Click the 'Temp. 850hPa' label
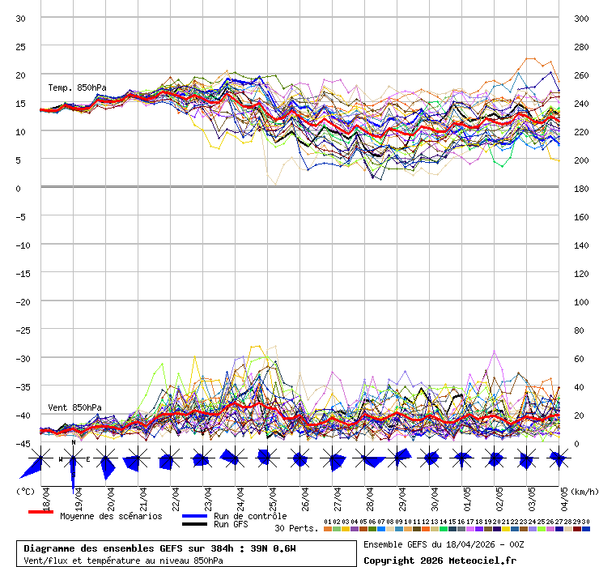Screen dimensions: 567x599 (x=77, y=87)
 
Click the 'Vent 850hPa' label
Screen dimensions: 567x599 (x=74, y=407)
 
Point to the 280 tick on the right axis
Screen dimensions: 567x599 (x=581, y=46)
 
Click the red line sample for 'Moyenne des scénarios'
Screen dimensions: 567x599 (x=40, y=512)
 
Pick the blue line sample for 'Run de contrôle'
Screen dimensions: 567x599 (x=195, y=516)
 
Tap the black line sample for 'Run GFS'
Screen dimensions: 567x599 (x=195, y=524)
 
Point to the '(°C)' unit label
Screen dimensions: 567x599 (x=25, y=491)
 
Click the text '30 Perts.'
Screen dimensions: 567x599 (x=296, y=528)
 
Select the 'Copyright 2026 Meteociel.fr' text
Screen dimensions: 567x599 (x=440, y=560)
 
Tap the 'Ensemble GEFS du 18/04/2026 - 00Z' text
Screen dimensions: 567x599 (x=444, y=544)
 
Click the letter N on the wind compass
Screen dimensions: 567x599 (x=73, y=442)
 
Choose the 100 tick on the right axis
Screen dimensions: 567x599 (x=581, y=301)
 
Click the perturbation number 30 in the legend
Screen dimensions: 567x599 (x=585, y=522)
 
